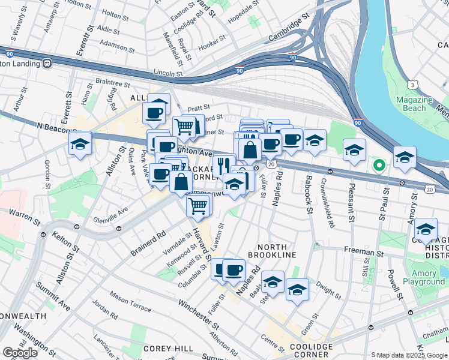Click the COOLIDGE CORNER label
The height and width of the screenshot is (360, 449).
click(x=310, y=350)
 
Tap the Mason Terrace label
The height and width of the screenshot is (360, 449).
click(x=130, y=302)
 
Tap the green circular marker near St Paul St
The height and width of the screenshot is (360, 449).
click(x=378, y=164)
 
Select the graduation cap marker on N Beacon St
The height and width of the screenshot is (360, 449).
click(x=79, y=145)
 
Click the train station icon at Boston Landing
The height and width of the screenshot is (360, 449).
click(x=46, y=62)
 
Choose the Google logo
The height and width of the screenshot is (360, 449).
click(x=20, y=353)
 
